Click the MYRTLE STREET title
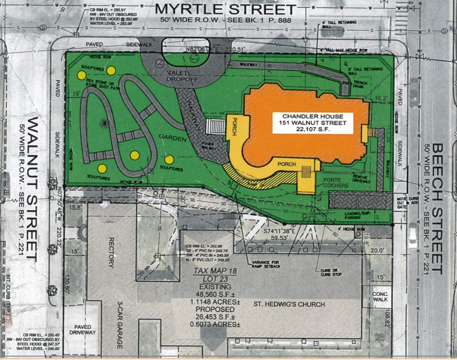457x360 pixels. pos(225,9)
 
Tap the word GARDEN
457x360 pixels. pos(173,139)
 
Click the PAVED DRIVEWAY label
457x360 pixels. pos(83,329)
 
